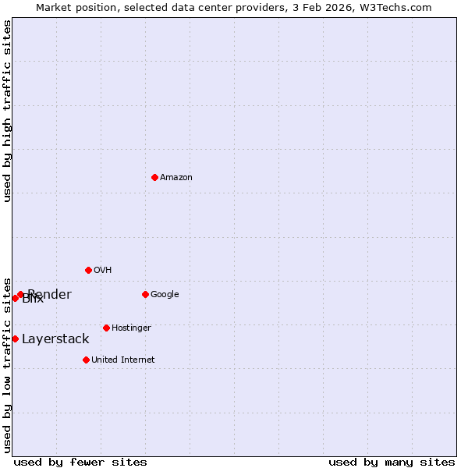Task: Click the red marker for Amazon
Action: [x=154, y=177]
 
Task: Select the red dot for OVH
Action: [x=88, y=270]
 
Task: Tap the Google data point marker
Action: [x=145, y=294]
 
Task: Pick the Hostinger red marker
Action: [x=106, y=328]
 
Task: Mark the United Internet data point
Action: [x=86, y=360]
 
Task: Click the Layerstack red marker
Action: [x=15, y=339]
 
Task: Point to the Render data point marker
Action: [x=20, y=294]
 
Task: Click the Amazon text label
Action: [x=176, y=177]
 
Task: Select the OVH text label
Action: [x=102, y=270]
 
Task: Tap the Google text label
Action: [x=165, y=294]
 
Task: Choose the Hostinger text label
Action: [x=131, y=328]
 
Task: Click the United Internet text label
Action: [x=122, y=360]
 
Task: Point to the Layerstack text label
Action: [x=55, y=339]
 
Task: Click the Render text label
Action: [x=50, y=294]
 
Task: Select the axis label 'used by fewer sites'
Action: [x=80, y=462]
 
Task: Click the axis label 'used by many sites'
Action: [x=392, y=462]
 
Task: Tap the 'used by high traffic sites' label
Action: [x=7, y=111]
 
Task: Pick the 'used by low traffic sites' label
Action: [x=7, y=364]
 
